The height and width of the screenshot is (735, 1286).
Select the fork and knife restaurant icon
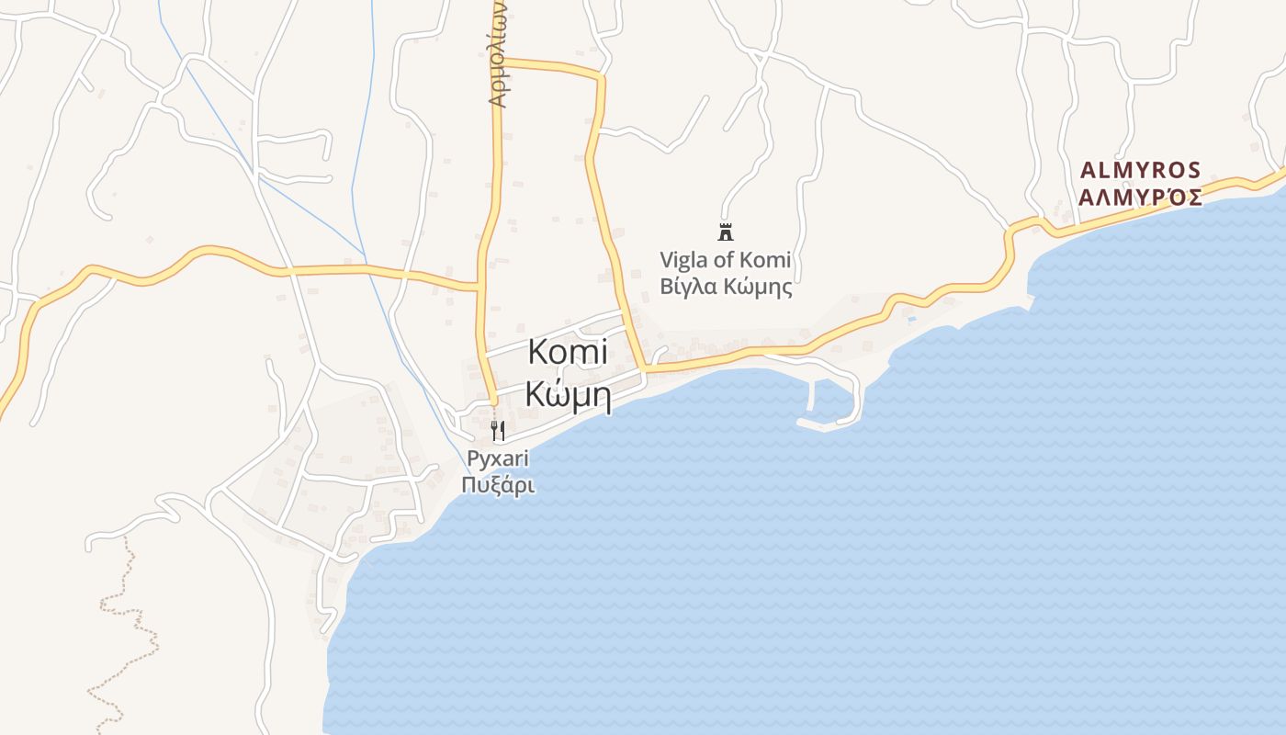(498, 430)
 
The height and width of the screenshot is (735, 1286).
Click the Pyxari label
(498, 458)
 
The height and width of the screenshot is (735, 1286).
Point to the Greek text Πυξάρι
(498, 485)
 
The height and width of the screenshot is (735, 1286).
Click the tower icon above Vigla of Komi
(726, 231)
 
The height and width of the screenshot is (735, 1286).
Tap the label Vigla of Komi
(726, 260)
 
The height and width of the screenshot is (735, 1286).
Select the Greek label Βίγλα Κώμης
(726, 286)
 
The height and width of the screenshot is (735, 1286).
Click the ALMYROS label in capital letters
(1140, 170)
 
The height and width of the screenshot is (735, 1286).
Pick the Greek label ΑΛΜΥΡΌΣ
(1140, 197)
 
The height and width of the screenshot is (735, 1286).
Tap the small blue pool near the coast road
(911, 320)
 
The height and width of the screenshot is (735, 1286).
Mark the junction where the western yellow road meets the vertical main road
(479, 288)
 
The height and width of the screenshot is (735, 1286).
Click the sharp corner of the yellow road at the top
(601, 77)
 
